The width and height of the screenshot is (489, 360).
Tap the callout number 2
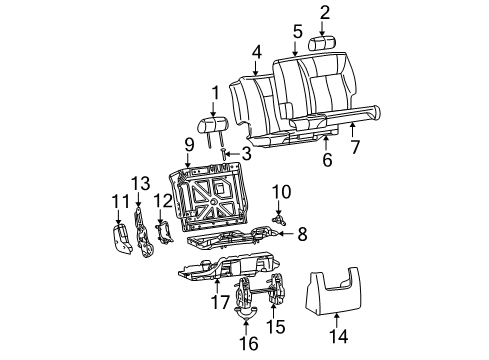tap(325, 12)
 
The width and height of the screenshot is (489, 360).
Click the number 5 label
tap(297, 31)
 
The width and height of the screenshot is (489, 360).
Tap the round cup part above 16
tap(245, 313)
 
